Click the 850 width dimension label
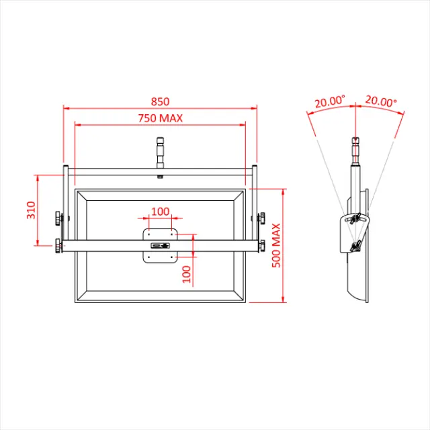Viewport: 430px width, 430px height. tap(160, 101)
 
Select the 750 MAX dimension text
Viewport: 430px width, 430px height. tap(161, 118)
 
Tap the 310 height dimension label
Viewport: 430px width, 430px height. tap(31, 211)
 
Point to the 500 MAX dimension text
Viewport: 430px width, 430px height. tap(276, 245)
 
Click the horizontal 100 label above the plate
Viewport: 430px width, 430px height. tap(160, 211)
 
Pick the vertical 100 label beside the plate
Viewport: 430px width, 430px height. tap(186, 273)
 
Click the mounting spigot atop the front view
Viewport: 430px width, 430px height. tap(160, 151)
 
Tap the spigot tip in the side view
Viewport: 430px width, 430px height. tap(355, 143)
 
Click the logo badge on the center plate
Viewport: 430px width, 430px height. tap(160, 246)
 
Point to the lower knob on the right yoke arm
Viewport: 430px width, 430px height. tap(261, 246)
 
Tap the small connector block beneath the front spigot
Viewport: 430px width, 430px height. tap(160, 177)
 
